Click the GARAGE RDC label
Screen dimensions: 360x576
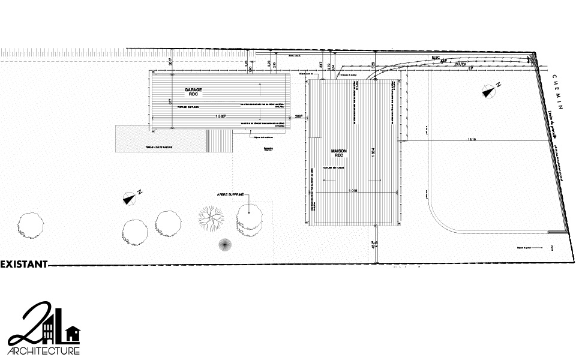click(193, 92)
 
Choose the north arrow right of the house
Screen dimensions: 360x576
click(490, 92)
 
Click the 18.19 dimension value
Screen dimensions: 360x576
click(472, 139)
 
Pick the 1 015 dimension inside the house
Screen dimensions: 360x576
click(352, 191)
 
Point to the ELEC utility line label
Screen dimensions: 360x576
click(436, 56)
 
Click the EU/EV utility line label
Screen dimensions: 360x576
click(461, 63)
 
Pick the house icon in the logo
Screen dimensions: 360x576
click(73, 332)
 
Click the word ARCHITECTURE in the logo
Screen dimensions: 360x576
click(43, 350)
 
